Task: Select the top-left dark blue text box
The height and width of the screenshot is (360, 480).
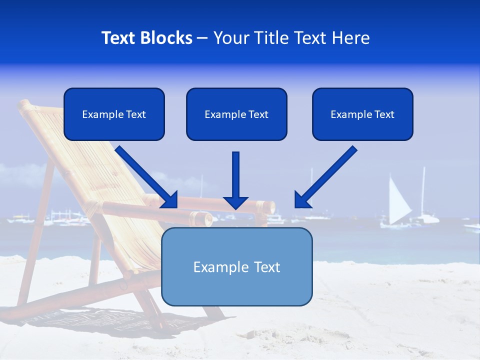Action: (114, 114)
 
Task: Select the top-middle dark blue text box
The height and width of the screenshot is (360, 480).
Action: (236, 114)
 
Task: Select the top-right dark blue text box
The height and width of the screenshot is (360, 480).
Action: (362, 114)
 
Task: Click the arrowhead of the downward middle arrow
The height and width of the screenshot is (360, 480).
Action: (235, 202)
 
